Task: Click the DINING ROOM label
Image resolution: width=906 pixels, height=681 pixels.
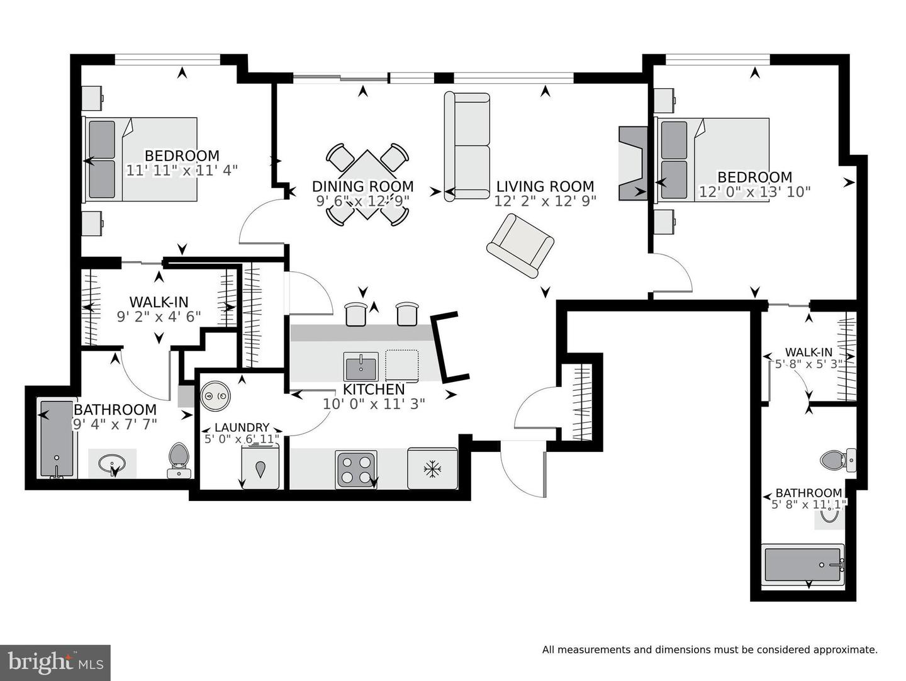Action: coord(362,186)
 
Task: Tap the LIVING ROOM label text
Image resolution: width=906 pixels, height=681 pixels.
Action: coord(545,186)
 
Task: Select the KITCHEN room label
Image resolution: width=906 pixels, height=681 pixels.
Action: coord(374,390)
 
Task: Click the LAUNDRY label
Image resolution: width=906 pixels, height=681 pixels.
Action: coord(242,427)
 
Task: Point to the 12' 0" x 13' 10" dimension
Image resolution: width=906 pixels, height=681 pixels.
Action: coord(754,192)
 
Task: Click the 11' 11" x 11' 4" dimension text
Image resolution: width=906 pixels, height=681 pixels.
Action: coord(182,171)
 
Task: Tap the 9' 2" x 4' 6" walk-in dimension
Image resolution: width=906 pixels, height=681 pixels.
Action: coord(159,317)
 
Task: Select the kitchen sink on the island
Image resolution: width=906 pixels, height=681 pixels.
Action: coord(361,366)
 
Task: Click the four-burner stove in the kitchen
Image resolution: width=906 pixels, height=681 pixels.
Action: coord(357,470)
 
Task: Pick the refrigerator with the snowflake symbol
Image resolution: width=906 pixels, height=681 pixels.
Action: coord(432,468)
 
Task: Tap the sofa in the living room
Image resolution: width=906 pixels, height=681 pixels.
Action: coord(467,147)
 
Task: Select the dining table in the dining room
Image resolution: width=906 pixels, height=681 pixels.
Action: coord(368,184)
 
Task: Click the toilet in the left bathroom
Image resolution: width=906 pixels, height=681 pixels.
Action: coord(179,460)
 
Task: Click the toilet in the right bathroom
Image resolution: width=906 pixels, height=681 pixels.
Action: coord(837,460)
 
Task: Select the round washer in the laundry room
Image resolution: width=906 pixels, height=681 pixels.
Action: coord(215,397)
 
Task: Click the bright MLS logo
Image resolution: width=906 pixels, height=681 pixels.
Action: coord(55,663)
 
